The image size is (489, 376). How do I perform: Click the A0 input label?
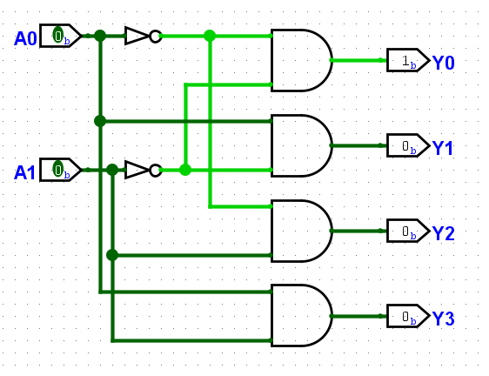coord(25,38)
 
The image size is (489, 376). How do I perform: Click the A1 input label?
coord(24,172)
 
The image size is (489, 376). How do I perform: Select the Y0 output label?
coord(444,63)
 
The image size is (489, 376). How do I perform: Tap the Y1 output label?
coord(443,148)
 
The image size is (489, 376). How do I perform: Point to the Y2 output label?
coord(444,233)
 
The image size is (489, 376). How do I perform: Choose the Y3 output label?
coord(444,319)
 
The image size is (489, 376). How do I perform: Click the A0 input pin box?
coord(61,36)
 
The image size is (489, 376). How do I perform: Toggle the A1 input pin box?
coord(61,170)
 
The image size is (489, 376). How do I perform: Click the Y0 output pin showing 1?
coord(408,60)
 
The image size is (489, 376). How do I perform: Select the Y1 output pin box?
coord(408,145)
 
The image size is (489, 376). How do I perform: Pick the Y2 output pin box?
coord(408,231)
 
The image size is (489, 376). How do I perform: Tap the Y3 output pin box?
coord(408,316)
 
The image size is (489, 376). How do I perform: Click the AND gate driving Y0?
coord(302,60)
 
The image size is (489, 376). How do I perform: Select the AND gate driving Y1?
coord(302,145)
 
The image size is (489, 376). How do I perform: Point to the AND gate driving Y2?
coord(302,231)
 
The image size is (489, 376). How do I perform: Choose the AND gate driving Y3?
coord(302,316)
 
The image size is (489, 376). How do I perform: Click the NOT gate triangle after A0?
coord(137,36)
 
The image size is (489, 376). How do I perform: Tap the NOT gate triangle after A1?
coord(137,170)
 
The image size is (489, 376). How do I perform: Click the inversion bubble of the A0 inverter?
coord(155,36)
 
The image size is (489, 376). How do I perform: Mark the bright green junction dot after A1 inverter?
coord(185,170)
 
